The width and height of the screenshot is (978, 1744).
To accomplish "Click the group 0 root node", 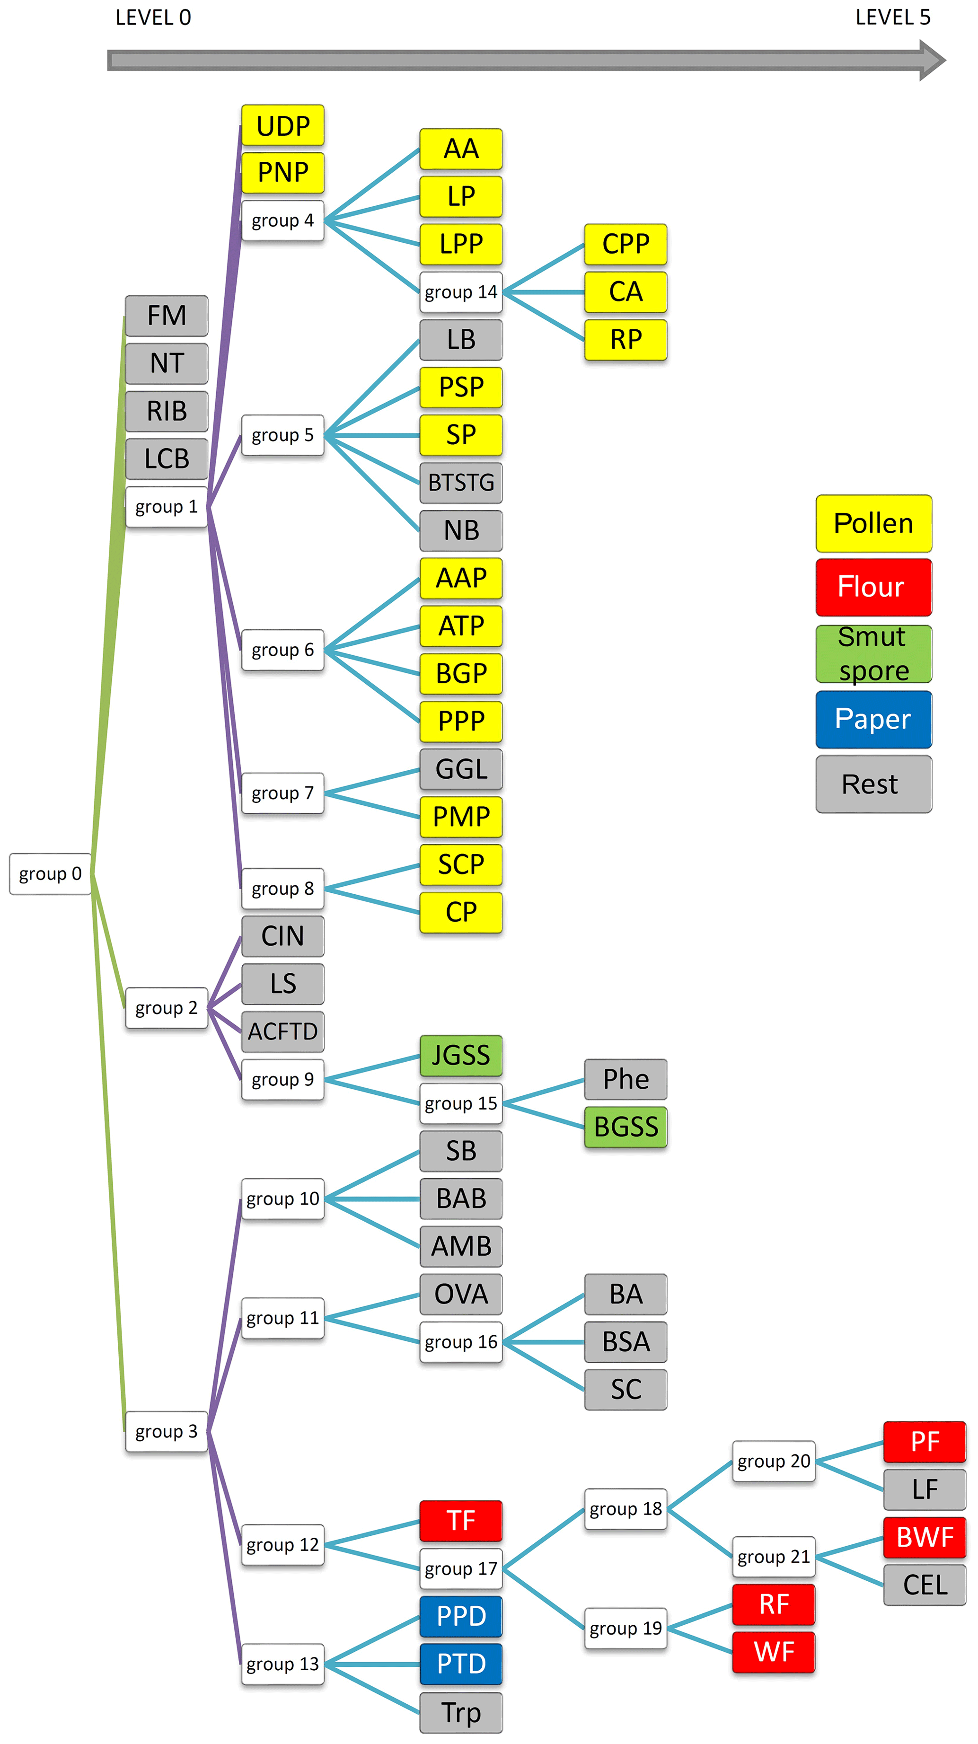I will pos(50,873).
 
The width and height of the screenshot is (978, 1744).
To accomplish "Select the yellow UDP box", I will pos(283,125).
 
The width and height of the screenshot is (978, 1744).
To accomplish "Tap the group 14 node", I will pos(461,292).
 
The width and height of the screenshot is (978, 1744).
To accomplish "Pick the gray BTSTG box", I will pos(461,483).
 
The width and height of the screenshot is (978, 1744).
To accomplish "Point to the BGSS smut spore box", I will pos(626,1127).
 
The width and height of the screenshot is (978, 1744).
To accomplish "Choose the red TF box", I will pos(461,1521).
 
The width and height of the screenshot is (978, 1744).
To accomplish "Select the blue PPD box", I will pos(461,1616).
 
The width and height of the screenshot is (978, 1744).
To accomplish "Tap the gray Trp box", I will pos(461,1712).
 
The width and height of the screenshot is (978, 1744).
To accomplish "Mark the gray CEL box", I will pos(925,1585).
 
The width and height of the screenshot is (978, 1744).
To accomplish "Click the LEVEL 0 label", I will pos(153,18).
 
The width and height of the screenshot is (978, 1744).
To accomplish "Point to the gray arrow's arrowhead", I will pos(931,60).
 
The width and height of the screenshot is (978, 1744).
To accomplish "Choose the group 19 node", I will pos(626,1628).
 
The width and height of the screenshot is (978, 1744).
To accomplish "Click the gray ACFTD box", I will pos(283,1031).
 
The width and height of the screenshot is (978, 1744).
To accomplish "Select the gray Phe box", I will pos(626,1079).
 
